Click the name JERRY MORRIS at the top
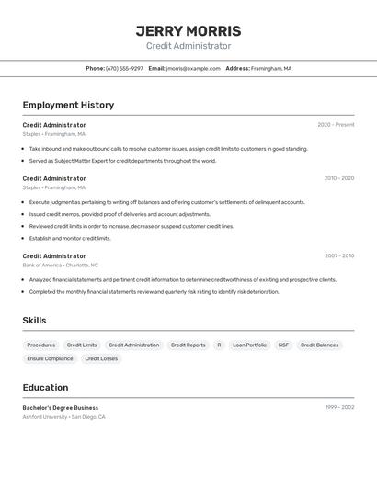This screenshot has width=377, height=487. tap(188, 30)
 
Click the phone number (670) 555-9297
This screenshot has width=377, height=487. tap(124, 68)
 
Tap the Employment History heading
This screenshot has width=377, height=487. tap(68, 105)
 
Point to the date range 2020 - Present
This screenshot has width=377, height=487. tap(336, 125)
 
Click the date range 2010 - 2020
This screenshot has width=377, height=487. tap(338, 178)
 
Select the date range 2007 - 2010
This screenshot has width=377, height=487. tap(338, 256)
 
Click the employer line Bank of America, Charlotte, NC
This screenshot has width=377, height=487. tap(60, 265)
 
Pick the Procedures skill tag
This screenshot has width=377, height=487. tap(41, 345)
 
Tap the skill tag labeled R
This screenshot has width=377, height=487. tap(219, 345)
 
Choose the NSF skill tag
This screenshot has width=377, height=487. tap(283, 345)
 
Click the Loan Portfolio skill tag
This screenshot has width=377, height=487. tap(249, 345)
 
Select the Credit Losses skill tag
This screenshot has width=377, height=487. tap(101, 358)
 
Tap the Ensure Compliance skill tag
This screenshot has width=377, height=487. tap(50, 358)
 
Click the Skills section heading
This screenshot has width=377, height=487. tap(34, 321)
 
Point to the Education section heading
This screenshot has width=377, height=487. tap(45, 388)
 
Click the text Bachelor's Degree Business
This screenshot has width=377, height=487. tap(61, 408)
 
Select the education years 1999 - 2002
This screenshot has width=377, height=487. tap(339, 407)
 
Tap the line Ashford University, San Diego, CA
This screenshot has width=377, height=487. tap(63, 417)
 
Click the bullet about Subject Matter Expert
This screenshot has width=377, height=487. tap(122, 161)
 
